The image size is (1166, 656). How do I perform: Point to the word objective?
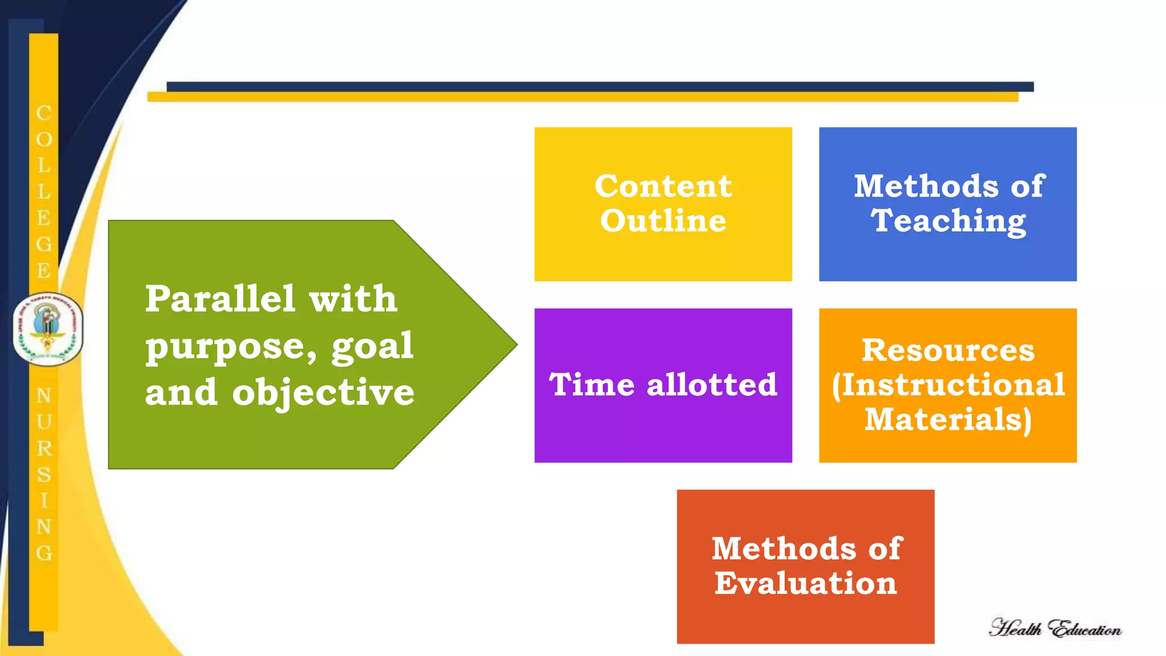(323, 393)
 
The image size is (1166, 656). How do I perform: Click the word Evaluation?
(806, 583)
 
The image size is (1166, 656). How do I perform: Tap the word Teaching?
(949, 221)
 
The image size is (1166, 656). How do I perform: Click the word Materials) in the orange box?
(948, 420)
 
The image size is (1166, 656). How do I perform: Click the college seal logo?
(48, 329)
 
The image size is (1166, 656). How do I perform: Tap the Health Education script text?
(1055, 628)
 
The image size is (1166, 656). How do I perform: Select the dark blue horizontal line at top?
(598, 87)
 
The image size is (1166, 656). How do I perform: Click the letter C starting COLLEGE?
(44, 113)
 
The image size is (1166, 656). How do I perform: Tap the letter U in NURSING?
(44, 422)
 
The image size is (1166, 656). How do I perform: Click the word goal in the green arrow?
(372, 346)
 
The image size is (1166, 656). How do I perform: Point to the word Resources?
(948, 350)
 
